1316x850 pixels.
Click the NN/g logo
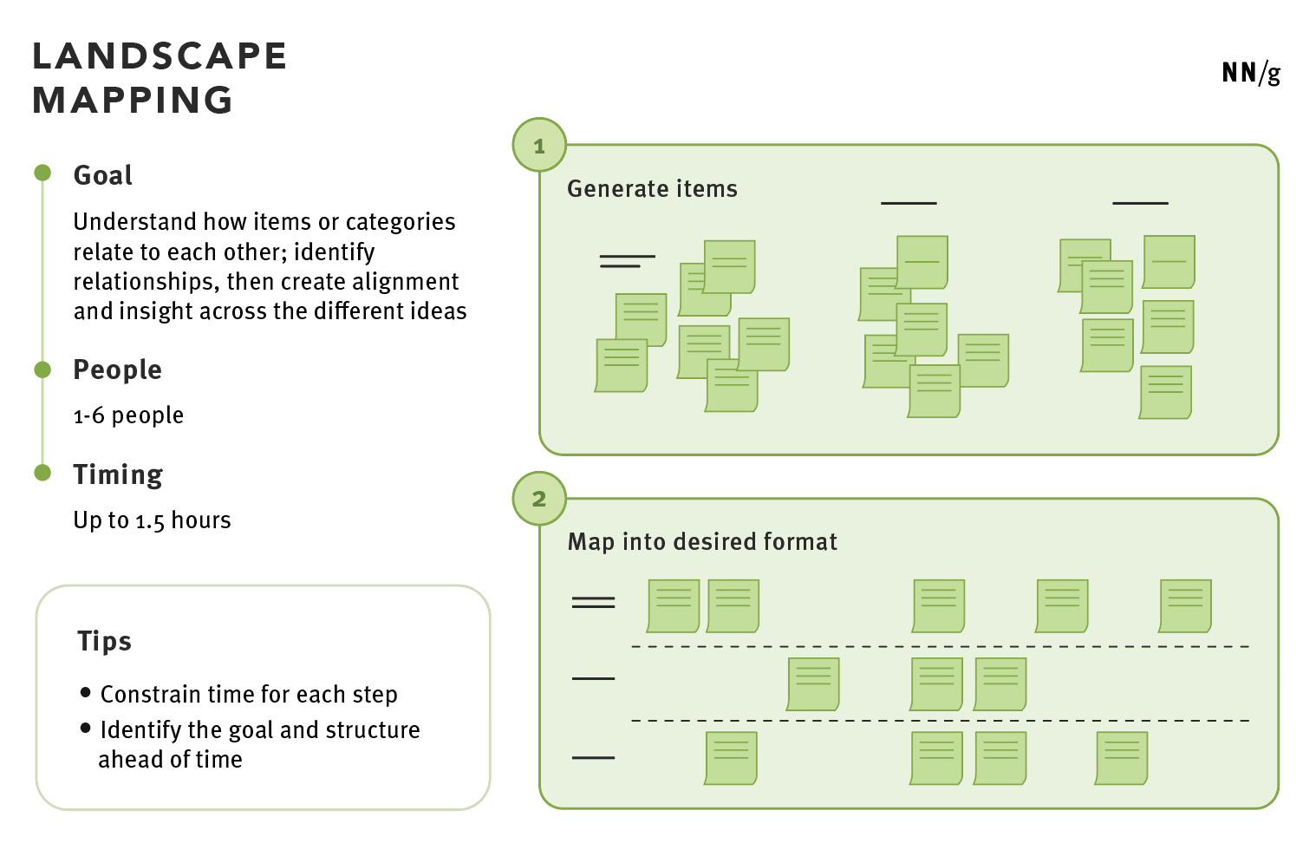[1251, 73]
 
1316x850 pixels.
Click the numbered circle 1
[539, 146]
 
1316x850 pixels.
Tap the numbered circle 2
[539, 499]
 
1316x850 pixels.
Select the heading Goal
[103, 175]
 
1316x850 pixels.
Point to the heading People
[117, 370]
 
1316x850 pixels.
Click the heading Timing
[118, 475]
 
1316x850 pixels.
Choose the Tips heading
[104, 641]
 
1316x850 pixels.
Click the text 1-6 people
[128, 415]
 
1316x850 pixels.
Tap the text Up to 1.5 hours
[152, 520]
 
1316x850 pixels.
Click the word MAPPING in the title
[133, 101]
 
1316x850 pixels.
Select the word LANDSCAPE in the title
[160, 56]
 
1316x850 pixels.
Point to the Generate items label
[652, 189]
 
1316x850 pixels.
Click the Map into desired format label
[702, 542]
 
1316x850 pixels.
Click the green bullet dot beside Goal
[42, 173]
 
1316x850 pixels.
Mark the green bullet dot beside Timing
[42, 472]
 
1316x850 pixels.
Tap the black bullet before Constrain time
[86, 692]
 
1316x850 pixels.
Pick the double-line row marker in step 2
[593, 602]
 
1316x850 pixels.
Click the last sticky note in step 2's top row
[1185, 605]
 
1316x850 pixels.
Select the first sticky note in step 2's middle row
[813, 684]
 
